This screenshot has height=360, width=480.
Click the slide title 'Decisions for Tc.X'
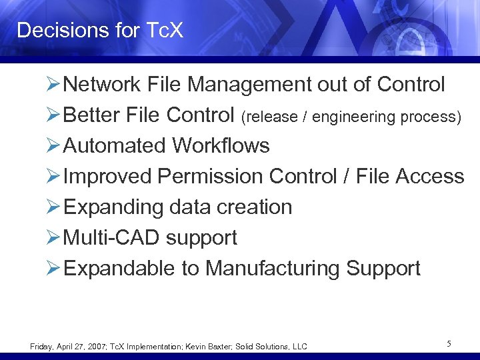point(100,30)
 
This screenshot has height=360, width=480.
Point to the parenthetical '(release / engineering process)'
point(351,117)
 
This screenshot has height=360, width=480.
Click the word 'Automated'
point(116,146)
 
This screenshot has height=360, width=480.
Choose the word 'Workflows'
point(221,146)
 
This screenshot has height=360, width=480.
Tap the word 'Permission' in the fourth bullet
point(211,177)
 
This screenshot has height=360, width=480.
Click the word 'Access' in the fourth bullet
point(429,177)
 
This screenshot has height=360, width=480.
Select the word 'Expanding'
point(114,207)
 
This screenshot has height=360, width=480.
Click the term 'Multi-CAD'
point(113,238)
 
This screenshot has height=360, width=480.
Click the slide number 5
point(449,344)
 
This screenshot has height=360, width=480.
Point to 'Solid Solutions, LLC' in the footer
point(279,347)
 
